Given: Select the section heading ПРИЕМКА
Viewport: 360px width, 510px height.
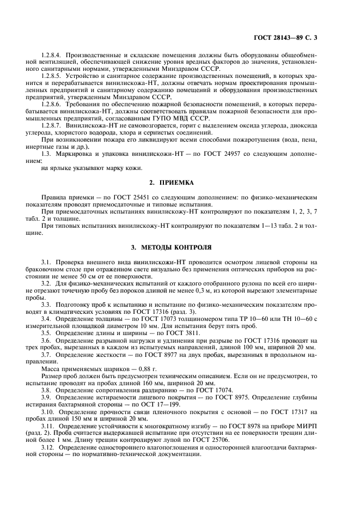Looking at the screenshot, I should [x=180, y=184].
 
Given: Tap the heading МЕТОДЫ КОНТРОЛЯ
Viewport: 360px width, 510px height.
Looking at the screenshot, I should [x=180, y=247].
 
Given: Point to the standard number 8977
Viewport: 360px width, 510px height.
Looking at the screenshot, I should [x=160, y=354].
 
